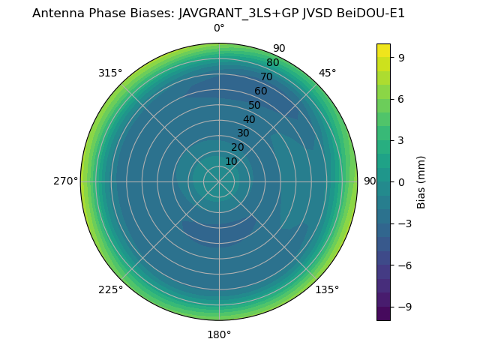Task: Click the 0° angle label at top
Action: (x=219, y=28)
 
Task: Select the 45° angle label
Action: (x=327, y=73)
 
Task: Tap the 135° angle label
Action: (x=327, y=289)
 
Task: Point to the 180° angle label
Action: (x=219, y=334)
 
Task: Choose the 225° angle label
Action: (x=110, y=289)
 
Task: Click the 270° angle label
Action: (x=65, y=181)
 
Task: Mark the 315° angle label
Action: (x=110, y=73)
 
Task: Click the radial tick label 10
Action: (x=231, y=161)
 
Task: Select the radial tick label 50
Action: (x=255, y=105)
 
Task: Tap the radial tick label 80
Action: (x=273, y=62)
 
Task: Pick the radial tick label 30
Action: (x=243, y=133)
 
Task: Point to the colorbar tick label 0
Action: (x=401, y=181)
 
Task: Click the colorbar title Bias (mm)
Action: (x=421, y=181)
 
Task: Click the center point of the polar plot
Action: (x=219, y=181)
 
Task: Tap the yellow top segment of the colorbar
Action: (x=383, y=50)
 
